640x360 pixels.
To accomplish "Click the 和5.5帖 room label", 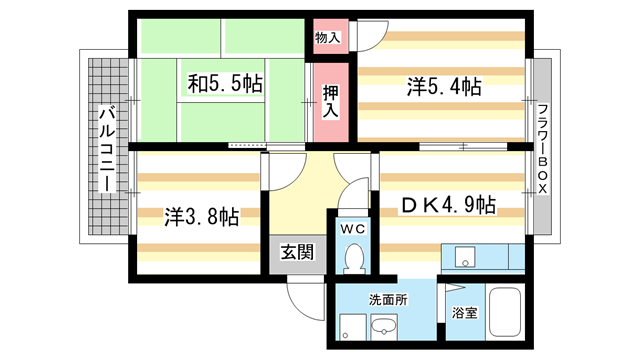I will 225,85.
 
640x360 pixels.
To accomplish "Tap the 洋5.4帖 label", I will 444,87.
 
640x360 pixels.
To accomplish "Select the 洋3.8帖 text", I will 201,215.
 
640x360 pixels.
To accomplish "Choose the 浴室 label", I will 463,312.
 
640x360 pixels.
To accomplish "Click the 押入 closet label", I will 330,100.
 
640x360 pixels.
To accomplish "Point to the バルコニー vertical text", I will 105,150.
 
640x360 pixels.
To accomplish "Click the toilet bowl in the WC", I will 353,259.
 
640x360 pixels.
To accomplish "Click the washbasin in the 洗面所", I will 383,327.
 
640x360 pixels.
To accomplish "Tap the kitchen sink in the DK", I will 464,257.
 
